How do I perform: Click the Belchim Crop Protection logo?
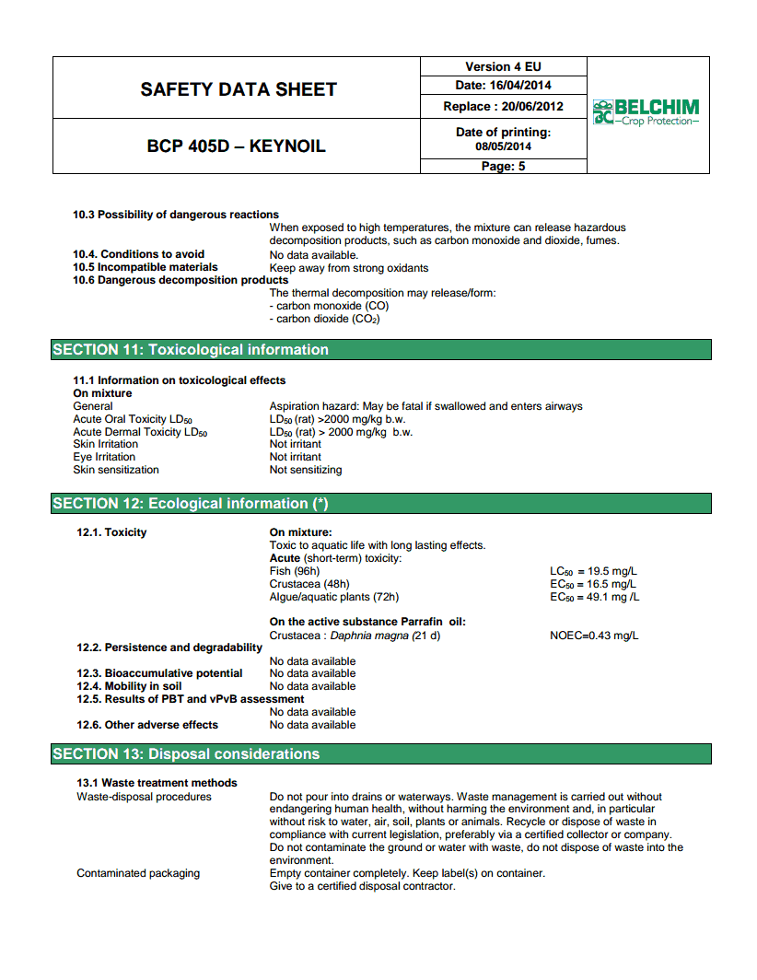(646, 112)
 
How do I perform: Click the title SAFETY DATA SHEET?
(239, 89)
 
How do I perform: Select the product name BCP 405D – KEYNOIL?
(236, 146)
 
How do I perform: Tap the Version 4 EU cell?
(503, 66)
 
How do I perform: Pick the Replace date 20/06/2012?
(529, 106)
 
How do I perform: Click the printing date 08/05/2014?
(503, 146)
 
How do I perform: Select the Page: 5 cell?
(503, 167)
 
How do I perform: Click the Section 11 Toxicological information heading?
(191, 350)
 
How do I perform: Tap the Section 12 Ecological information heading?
(191, 504)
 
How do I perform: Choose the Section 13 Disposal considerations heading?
(186, 754)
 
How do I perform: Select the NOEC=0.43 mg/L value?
(594, 636)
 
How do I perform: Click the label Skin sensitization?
(116, 470)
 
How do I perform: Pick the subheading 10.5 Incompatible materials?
(146, 267)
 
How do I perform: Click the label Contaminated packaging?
(138, 873)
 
